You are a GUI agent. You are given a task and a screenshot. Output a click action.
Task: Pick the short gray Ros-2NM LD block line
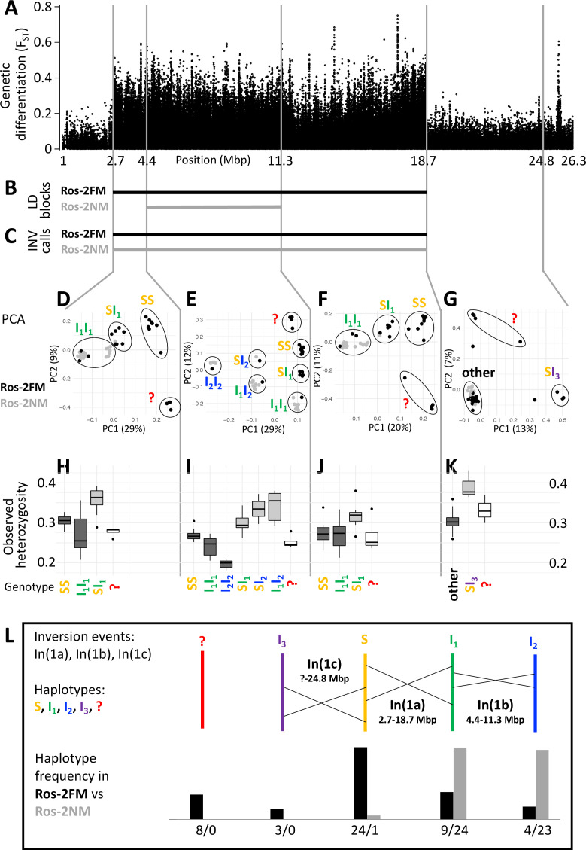pyautogui.click(x=214, y=206)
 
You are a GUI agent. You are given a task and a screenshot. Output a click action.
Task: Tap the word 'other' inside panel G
pyautogui.click(x=479, y=373)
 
